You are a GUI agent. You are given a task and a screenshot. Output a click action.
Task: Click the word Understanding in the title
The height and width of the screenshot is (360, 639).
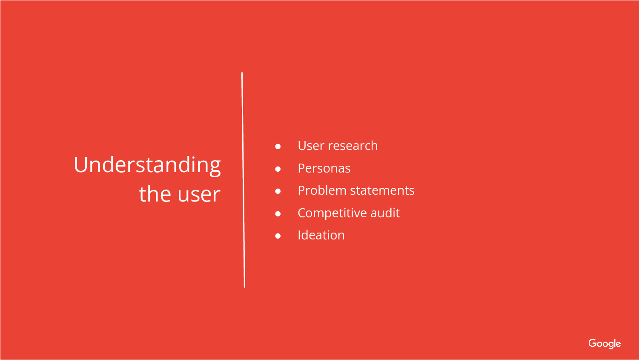click(x=147, y=166)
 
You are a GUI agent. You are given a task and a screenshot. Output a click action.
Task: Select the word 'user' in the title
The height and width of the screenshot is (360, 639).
click(x=199, y=195)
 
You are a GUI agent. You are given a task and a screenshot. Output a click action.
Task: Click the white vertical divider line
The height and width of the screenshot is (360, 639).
click(x=244, y=180)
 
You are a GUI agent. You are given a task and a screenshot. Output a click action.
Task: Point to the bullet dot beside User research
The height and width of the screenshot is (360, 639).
click(x=278, y=147)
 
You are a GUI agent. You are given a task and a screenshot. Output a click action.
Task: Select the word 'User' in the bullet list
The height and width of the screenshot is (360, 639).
click(x=311, y=146)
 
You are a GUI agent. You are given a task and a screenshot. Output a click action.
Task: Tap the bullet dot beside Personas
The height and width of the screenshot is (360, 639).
click(x=278, y=169)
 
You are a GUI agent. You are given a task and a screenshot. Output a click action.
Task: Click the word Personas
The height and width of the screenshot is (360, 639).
click(x=324, y=168)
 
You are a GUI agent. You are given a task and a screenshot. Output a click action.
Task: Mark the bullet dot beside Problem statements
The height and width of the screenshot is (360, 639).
click(x=278, y=191)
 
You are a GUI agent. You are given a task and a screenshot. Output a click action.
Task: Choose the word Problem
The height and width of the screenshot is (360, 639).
click(x=322, y=190)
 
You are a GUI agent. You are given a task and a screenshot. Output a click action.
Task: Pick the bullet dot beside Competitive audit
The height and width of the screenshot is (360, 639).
click(x=278, y=214)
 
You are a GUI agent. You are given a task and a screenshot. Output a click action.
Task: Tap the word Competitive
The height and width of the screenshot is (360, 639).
click(x=332, y=213)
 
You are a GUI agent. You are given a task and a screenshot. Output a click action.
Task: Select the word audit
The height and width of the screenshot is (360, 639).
click(x=385, y=213)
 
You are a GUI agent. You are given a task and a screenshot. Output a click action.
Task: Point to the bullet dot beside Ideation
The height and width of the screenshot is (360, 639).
click(x=278, y=236)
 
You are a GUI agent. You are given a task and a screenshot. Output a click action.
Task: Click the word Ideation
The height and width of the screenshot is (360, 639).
click(x=321, y=235)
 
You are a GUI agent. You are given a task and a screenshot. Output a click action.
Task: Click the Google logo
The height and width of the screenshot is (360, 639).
click(x=605, y=344)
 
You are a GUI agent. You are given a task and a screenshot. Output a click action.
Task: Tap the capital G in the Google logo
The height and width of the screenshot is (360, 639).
click(x=593, y=343)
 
